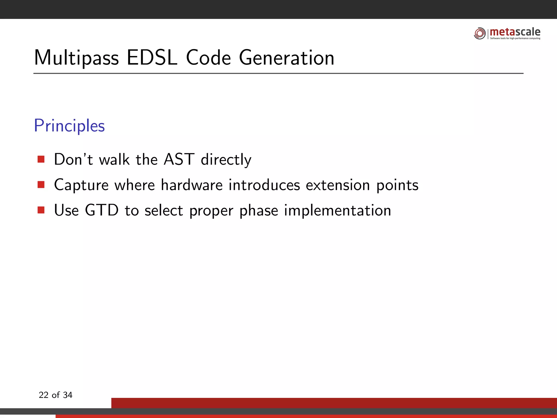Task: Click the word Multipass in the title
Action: pyautogui.click(x=76, y=58)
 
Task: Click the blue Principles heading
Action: pyautogui.click(x=69, y=126)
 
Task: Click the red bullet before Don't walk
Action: pyautogui.click(x=41, y=159)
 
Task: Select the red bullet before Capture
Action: pyautogui.click(x=41, y=185)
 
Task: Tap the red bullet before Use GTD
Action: pyautogui.click(x=41, y=210)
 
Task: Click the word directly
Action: pyautogui.click(x=226, y=160)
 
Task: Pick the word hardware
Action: pyautogui.click(x=192, y=185)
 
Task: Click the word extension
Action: pyautogui.click(x=338, y=185)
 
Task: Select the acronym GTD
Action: pyautogui.click(x=102, y=210)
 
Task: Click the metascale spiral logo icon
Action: pyautogui.click(x=480, y=33)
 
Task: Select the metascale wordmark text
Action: pyautogui.click(x=515, y=32)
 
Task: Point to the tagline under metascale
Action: pyautogui.click(x=515, y=38)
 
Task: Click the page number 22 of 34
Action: pyautogui.click(x=55, y=395)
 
